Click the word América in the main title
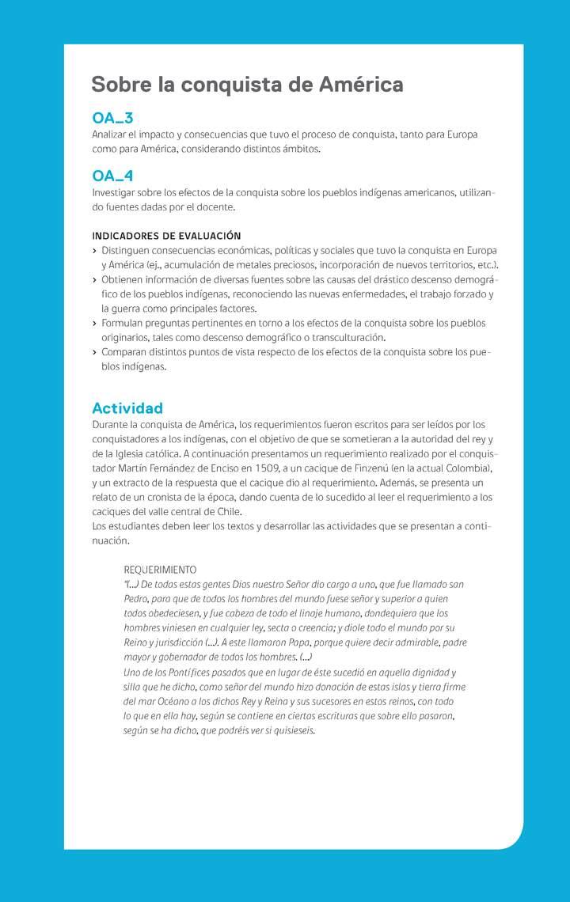click(361, 85)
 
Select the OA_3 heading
click(112, 119)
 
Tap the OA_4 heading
click(112, 176)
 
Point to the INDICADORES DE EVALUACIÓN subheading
click(166, 236)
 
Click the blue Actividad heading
click(127, 408)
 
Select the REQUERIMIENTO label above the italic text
click(160, 570)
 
